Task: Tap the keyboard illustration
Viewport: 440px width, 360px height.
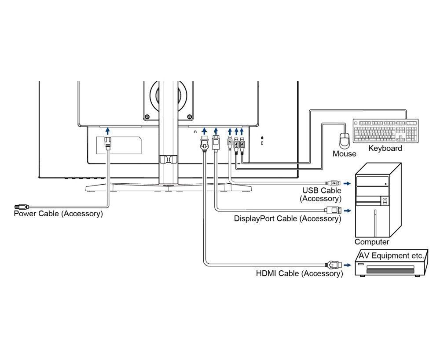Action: tap(385, 131)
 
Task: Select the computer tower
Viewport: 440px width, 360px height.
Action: tap(378, 200)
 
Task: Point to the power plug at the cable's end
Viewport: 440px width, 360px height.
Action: tap(21, 206)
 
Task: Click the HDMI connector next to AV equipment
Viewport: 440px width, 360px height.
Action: tap(334, 265)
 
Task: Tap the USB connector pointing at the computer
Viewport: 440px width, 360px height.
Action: tap(333, 182)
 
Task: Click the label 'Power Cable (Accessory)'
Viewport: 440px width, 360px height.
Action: tap(58, 214)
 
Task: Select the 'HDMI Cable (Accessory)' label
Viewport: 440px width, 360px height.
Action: tap(299, 274)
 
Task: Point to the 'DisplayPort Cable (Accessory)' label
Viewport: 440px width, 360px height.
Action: tap(287, 218)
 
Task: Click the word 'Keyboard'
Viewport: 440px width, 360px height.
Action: tap(385, 149)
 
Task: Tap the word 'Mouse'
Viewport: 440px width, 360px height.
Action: tap(344, 154)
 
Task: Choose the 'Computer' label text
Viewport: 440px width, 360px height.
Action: tap(372, 242)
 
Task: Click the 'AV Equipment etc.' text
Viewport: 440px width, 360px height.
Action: tap(391, 255)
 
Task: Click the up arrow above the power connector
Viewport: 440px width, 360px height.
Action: tap(108, 131)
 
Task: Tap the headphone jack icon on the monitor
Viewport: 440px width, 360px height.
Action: tap(195, 131)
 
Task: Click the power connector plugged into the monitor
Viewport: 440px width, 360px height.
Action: tap(108, 143)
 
